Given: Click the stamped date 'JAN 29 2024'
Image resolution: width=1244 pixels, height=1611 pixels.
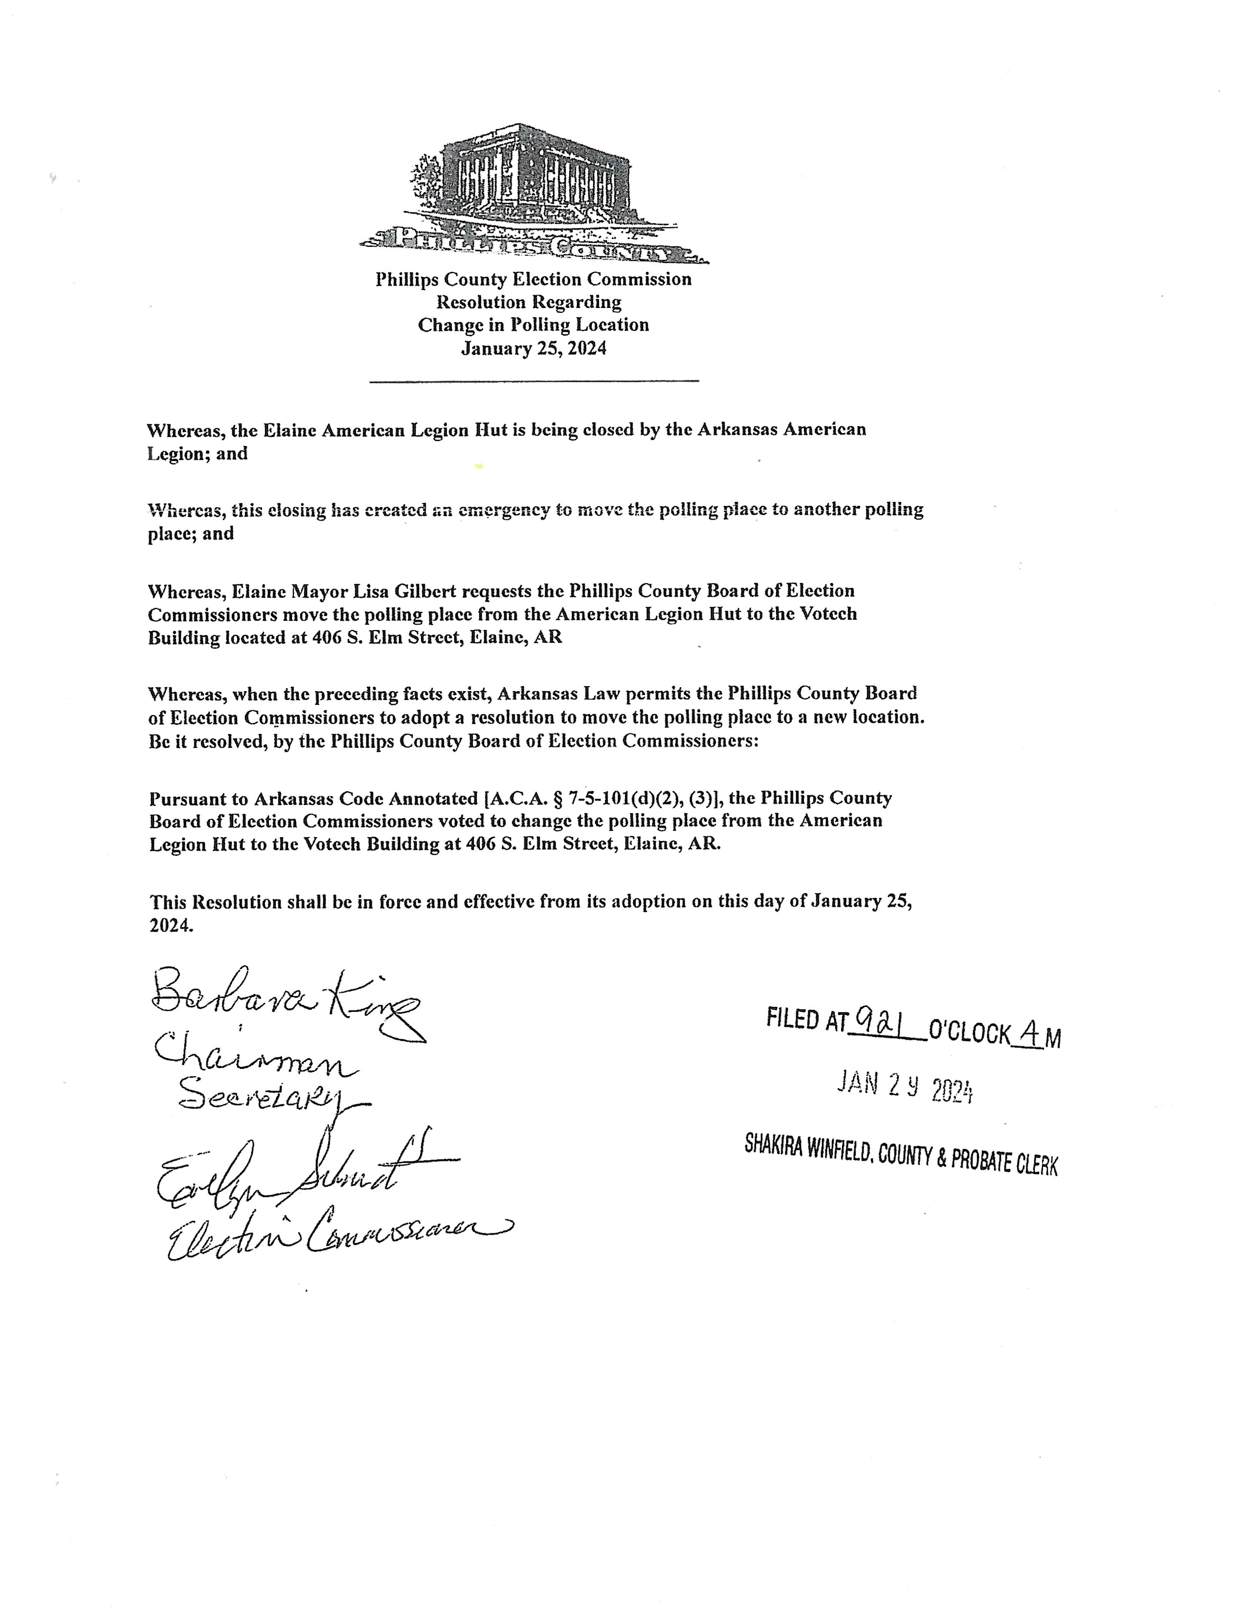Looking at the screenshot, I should tap(905, 1087).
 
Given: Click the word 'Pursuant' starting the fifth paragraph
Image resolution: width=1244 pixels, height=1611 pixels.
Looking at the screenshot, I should tap(199, 799).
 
